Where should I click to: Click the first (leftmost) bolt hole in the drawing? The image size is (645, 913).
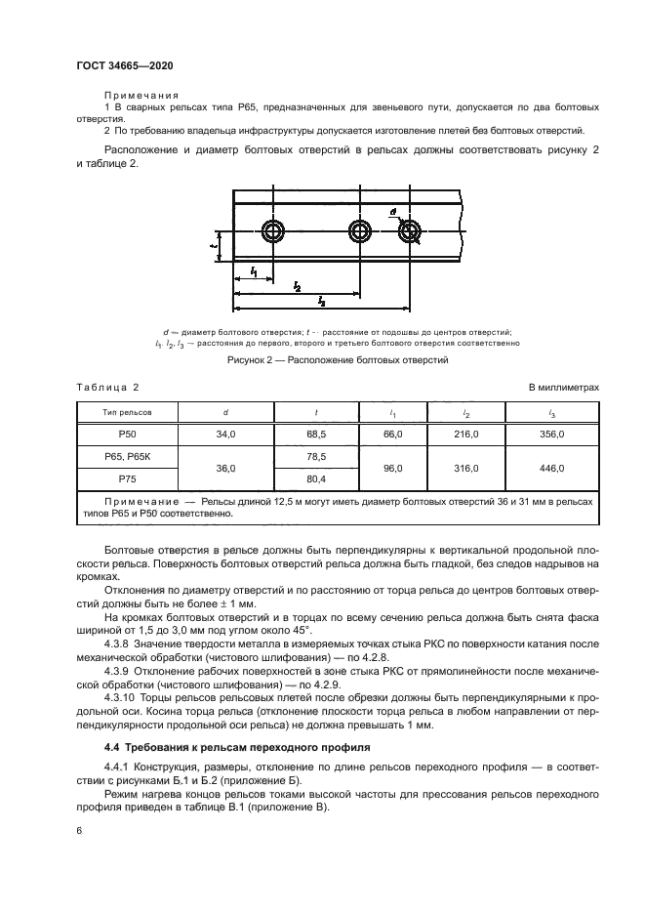tap(273, 231)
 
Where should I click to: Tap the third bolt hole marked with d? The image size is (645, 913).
tap(408, 231)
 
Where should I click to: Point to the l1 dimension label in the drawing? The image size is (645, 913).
tap(254, 270)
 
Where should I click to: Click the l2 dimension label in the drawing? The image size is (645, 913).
tap(297, 285)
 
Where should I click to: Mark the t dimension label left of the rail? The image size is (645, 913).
tap(213, 245)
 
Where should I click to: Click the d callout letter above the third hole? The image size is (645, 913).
tap(391, 211)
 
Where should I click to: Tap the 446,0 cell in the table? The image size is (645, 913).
tap(551, 468)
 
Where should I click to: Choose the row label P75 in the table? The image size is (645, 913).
tap(128, 479)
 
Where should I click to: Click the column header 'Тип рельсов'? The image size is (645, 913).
tap(128, 412)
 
